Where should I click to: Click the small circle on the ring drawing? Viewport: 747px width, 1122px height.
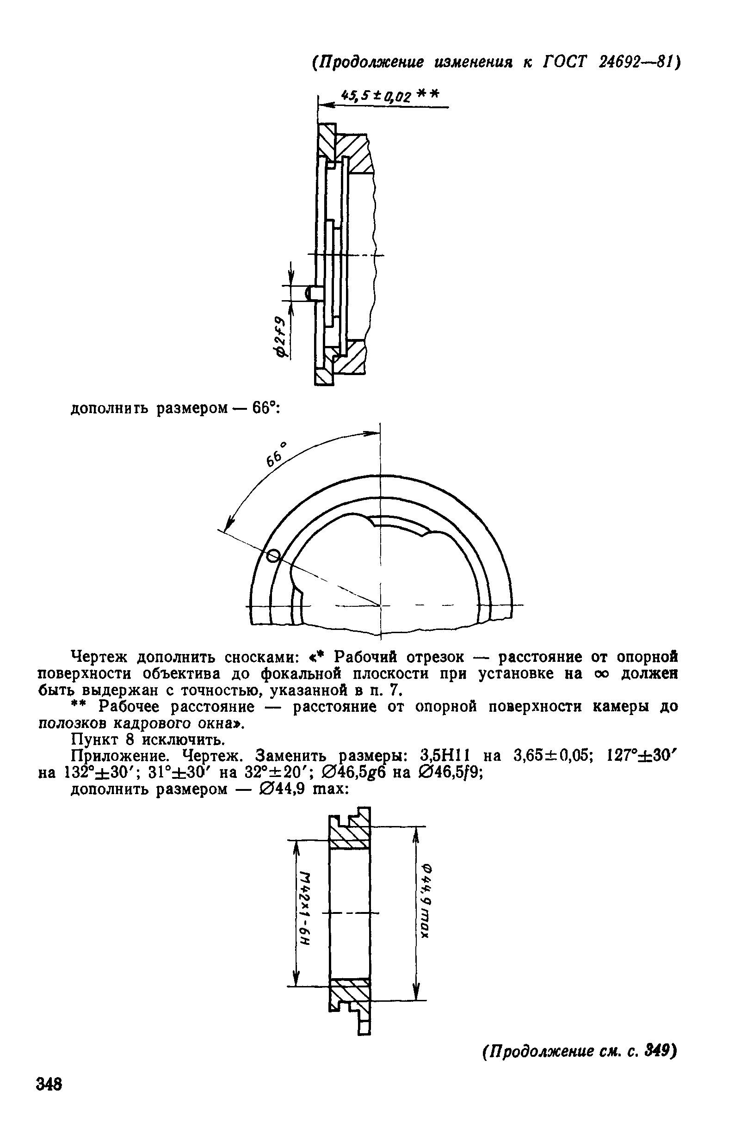[x=273, y=555]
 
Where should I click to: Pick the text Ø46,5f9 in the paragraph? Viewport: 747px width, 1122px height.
[x=450, y=772]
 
